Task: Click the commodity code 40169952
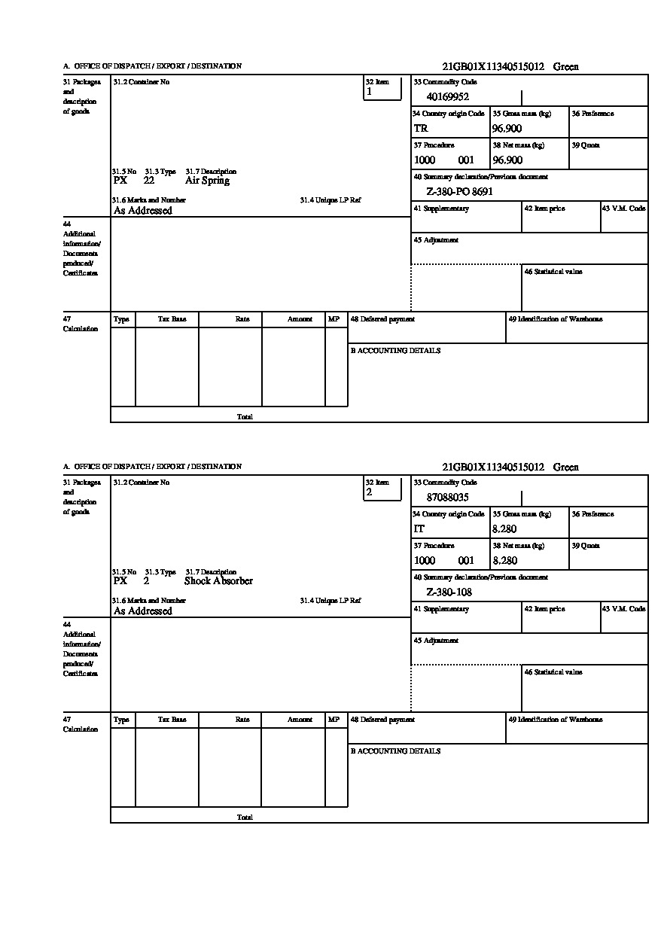point(448,96)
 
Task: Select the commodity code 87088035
point(448,497)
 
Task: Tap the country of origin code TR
point(421,129)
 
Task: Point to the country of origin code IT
point(419,529)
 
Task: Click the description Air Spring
point(207,181)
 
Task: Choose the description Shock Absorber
point(218,581)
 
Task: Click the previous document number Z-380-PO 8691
point(459,192)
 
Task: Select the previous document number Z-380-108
point(449,592)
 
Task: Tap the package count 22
point(148,181)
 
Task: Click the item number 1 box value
point(369,92)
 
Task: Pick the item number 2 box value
point(369,492)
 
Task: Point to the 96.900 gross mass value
point(507,129)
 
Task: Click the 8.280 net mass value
point(504,561)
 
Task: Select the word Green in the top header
point(566,67)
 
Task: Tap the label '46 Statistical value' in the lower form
point(553,672)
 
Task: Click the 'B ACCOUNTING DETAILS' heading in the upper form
point(395,351)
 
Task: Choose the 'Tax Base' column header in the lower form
point(172,720)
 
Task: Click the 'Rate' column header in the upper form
point(242,319)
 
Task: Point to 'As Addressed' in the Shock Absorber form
point(142,611)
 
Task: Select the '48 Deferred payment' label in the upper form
point(382,319)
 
